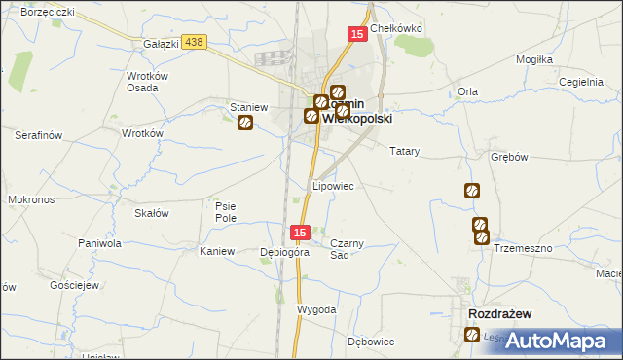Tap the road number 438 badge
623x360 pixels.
tap(194, 42)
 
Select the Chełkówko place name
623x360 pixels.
tap(395, 28)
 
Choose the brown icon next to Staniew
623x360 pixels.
tap(246, 123)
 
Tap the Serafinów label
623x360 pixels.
tap(39, 135)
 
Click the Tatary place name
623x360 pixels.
tap(404, 152)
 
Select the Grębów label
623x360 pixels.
tap(509, 157)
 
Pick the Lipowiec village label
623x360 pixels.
tap(332, 185)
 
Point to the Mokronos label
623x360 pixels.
tap(30, 198)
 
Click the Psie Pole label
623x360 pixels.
tap(226, 211)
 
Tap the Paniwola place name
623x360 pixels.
tap(100, 243)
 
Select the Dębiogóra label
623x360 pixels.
tap(284, 252)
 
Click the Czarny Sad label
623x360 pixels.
tap(347, 248)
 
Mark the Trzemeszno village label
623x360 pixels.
tap(523, 248)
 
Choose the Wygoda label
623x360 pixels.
tap(316, 309)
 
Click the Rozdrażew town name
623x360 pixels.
tap(499, 314)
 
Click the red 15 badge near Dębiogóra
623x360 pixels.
tap(300, 233)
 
